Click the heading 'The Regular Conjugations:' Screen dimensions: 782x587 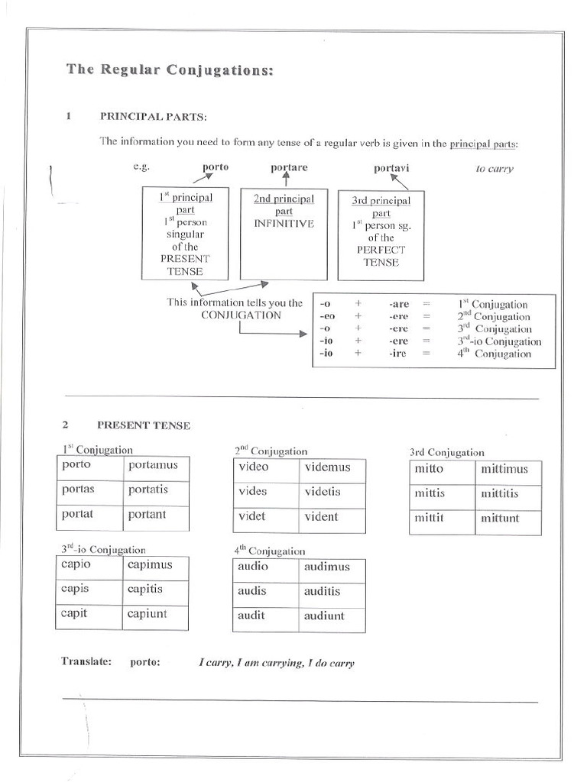(x=169, y=69)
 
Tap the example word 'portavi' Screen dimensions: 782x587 (x=392, y=167)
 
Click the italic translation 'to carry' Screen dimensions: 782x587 (x=494, y=169)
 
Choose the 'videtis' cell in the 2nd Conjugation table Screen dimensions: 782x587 (x=332, y=493)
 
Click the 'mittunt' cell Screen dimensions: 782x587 (x=508, y=519)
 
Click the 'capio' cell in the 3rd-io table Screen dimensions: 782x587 (x=89, y=566)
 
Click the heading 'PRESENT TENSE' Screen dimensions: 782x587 (x=144, y=425)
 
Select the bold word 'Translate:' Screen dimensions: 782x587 (x=86, y=662)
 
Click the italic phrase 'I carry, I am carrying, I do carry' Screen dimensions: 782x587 (x=277, y=664)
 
